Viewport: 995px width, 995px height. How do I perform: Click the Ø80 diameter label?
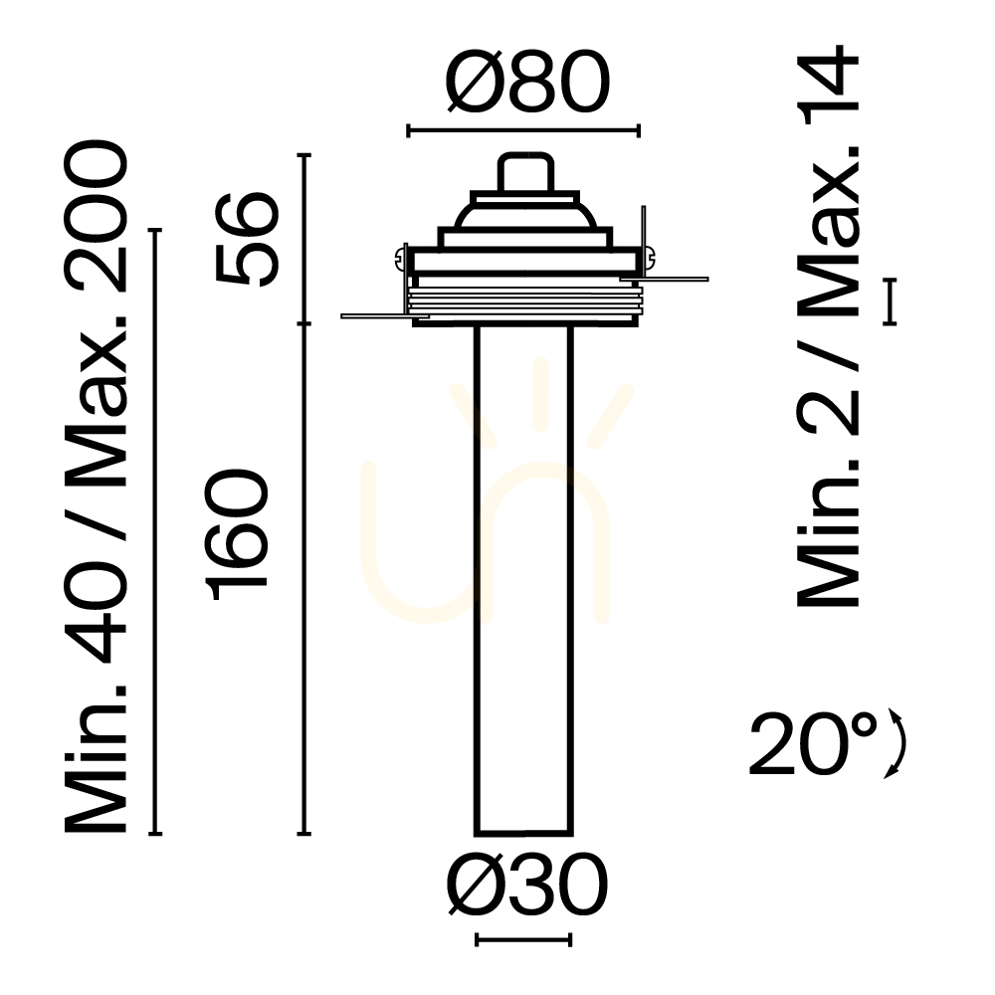(x=526, y=82)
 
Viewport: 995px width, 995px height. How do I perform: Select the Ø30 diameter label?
(x=526, y=884)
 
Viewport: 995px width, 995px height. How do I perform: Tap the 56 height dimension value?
(x=247, y=238)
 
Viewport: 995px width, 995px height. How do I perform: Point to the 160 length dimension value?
(x=236, y=535)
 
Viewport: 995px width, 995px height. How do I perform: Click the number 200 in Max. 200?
(x=96, y=216)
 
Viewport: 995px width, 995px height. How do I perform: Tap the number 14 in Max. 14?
(x=828, y=86)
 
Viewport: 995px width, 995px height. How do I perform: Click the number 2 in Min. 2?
(x=828, y=413)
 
